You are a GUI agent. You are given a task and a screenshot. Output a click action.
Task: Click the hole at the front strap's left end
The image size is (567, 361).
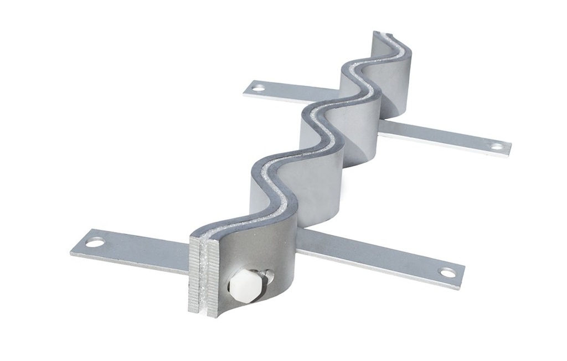tap(95, 242)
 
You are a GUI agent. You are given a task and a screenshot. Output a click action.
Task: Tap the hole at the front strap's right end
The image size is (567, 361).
tap(447, 272)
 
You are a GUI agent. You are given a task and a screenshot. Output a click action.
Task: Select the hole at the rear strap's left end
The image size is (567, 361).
tap(259, 87)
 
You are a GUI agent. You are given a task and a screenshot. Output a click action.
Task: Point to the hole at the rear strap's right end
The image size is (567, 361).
tap(497, 147)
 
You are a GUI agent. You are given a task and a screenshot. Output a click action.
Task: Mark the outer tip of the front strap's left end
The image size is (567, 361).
tap(73, 252)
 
